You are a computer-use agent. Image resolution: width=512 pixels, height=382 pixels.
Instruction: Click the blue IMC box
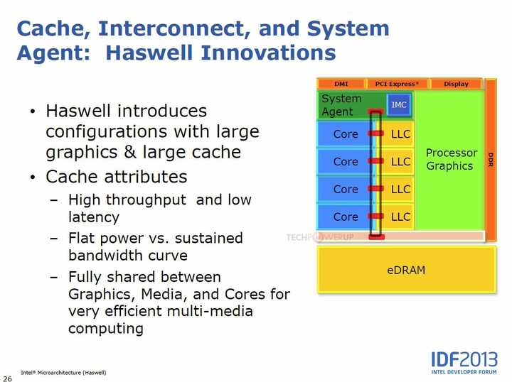click(399, 105)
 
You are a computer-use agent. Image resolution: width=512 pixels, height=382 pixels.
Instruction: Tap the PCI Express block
click(398, 84)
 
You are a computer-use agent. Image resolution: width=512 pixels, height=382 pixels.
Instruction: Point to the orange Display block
click(456, 84)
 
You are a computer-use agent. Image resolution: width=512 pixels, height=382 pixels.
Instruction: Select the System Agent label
click(341, 105)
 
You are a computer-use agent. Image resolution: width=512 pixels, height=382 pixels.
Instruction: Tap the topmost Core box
click(346, 134)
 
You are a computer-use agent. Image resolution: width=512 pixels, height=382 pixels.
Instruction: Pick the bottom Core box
click(346, 217)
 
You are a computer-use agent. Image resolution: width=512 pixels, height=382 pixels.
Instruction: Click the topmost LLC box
click(400, 134)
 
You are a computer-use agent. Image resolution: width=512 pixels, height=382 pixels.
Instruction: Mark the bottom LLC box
click(400, 217)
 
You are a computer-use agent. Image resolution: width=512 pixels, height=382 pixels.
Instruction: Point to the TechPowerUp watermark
click(320, 237)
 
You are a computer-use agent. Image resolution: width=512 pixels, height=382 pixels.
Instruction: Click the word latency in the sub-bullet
click(93, 217)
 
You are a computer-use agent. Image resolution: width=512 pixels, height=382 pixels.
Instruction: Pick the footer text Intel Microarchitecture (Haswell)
click(63, 372)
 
